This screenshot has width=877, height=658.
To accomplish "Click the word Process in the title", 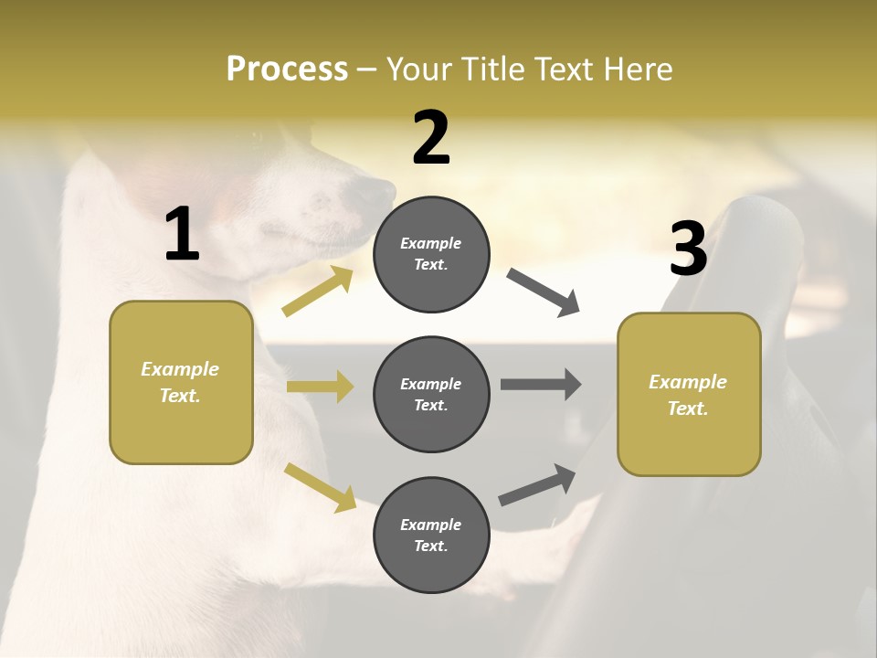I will (287, 69).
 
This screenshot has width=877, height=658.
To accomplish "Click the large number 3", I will (688, 249).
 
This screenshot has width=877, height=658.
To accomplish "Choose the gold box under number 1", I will (181, 382).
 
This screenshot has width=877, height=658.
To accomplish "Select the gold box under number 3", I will (689, 394).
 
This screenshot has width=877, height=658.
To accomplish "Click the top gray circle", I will (431, 254).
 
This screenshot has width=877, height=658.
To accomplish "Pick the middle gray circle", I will (431, 394).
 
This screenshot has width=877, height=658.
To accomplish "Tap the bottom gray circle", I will (431, 535).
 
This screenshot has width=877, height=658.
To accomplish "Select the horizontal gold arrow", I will (320, 387).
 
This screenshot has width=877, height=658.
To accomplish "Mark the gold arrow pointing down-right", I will (321, 487).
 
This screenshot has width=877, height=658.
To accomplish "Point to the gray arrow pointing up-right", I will (537, 485).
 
